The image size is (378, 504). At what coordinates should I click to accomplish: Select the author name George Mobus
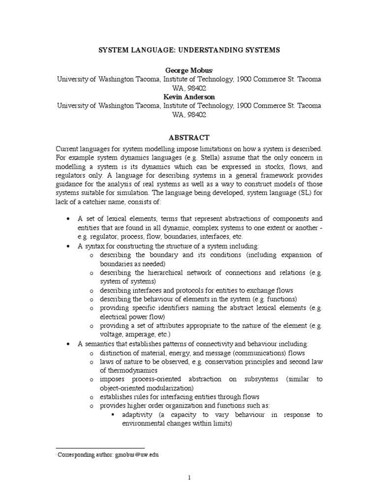(x=188, y=70)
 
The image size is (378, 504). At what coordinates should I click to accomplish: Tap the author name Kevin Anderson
(x=189, y=97)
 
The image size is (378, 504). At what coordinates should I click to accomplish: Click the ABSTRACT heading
(x=189, y=137)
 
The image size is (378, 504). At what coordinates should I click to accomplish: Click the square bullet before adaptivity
(x=113, y=414)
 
